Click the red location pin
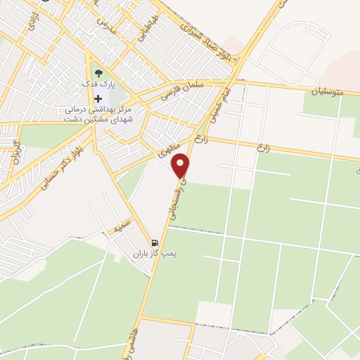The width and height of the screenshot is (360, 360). [181, 165]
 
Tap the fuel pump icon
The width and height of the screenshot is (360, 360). [155, 243]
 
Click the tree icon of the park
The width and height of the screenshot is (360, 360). [98, 72]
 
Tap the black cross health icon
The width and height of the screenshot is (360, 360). [98, 98]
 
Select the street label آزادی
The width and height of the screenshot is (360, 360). [31, 22]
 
